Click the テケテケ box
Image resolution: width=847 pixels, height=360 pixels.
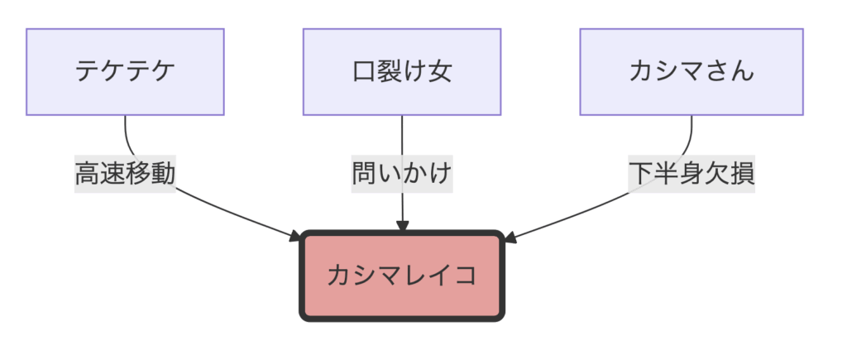click(x=125, y=72)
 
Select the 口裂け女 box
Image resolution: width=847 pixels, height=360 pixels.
click(x=402, y=72)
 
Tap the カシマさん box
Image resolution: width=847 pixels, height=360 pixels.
click(x=691, y=72)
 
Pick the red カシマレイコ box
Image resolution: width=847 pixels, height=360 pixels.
click(x=402, y=276)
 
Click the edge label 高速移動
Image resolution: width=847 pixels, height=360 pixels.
click(x=125, y=175)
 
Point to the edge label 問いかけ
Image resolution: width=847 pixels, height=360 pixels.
click(x=402, y=175)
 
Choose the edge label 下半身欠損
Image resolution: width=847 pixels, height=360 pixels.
click(x=691, y=175)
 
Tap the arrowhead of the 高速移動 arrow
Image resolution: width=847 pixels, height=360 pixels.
click(x=296, y=237)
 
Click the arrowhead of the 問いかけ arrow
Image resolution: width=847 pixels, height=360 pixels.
click(x=402, y=225)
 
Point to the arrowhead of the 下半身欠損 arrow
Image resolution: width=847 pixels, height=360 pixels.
click(x=510, y=238)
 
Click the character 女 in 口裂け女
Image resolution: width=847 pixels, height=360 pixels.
click(x=439, y=72)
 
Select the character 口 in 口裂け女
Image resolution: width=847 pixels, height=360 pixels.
click(x=365, y=72)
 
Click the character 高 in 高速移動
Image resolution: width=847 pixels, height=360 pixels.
click(x=88, y=175)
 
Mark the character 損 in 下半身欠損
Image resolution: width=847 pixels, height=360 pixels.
click(x=742, y=175)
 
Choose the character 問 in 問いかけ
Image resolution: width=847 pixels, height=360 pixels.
click(x=365, y=175)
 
